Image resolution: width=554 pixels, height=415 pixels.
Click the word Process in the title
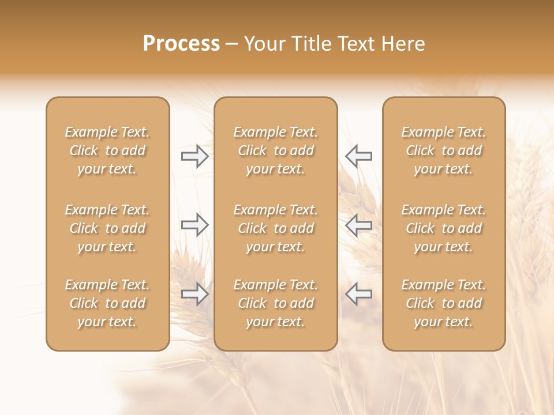(x=181, y=44)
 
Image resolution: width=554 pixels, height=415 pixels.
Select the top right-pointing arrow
(x=194, y=156)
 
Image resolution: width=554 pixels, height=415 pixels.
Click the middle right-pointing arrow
(x=194, y=225)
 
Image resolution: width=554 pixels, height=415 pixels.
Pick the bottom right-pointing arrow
(x=194, y=294)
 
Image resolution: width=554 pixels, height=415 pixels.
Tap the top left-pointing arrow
(x=359, y=156)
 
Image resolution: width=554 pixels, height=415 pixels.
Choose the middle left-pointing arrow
(x=359, y=225)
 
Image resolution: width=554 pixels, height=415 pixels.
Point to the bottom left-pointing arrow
(x=359, y=294)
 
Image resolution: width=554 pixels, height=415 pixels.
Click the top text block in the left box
(x=107, y=150)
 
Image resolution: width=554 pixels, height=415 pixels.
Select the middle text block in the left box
(x=107, y=228)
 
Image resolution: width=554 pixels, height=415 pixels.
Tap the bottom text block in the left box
(x=107, y=303)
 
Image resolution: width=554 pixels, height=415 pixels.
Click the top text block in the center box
(x=276, y=150)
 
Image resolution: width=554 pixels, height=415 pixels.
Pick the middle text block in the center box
(x=276, y=228)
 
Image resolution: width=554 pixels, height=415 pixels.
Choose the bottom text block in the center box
(x=276, y=303)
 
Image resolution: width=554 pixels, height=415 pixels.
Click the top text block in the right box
(x=444, y=150)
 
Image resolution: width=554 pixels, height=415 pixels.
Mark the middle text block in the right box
(x=444, y=228)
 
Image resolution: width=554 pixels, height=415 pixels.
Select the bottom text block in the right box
(x=444, y=303)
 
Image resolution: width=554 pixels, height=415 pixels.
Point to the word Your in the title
(x=264, y=44)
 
